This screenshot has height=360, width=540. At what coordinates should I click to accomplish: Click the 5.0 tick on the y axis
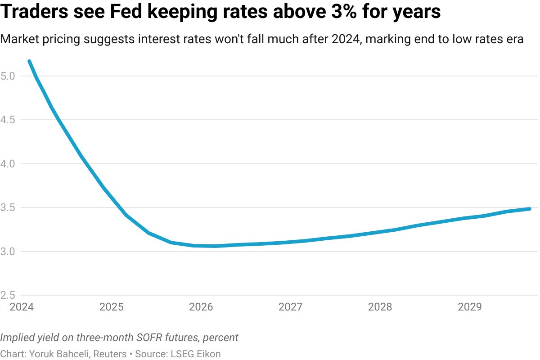pyautogui.click(x=8, y=76)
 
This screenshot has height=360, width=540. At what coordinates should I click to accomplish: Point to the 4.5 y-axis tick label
pyautogui.click(x=8, y=120)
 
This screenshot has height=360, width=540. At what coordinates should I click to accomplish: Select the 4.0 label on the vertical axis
pyautogui.click(x=8, y=164)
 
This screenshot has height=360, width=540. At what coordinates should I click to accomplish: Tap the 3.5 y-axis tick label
pyautogui.click(x=8, y=207)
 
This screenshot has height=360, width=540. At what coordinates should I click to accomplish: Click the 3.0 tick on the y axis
pyautogui.click(x=8, y=251)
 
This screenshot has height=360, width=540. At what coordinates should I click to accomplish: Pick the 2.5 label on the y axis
pyautogui.click(x=8, y=295)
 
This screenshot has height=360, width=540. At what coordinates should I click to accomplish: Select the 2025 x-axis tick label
pyautogui.click(x=111, y=307)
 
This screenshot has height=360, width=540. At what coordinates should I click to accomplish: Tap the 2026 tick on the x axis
pyautogui.click(x=201, y=307)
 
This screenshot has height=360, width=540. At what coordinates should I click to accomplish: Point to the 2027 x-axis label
pyautogui.click(x=290, y=307)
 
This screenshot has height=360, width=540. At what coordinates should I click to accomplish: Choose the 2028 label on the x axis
pyautogui.click(x=380, y=307)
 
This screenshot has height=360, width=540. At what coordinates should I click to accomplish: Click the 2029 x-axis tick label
pyautogui.click(x=469, y=307)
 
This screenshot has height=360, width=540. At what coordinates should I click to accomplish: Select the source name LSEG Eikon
pyautogui.click(x=196, y=354)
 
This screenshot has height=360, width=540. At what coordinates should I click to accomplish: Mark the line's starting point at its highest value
pyautogui.click(x=29, y=61)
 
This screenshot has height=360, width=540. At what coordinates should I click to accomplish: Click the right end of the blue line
pyautogui.click(x=529, y=209)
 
